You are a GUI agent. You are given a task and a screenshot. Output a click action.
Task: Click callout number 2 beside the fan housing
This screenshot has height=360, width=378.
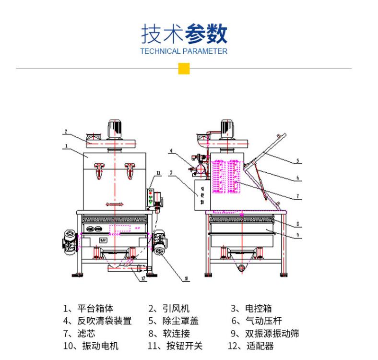(x=66, y=131)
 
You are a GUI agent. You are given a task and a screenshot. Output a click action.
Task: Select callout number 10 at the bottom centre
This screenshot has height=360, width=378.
(x=186, y=277)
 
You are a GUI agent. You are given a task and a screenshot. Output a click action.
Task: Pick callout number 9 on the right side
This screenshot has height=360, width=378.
(x=298, y=235)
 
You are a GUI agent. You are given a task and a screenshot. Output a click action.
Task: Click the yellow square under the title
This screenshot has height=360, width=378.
(x=184, y=69)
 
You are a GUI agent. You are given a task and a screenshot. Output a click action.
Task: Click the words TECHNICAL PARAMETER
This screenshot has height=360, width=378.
(x=184, y=51)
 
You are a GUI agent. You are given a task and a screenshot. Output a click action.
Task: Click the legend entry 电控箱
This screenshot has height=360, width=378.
(x=259, y=309)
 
